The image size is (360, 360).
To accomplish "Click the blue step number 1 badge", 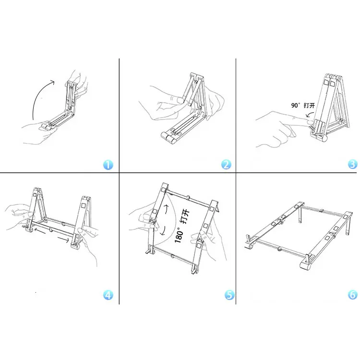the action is click(108, 165).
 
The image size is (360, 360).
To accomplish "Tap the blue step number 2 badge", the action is click(226, 165).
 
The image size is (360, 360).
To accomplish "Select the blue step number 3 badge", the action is click(353, 164).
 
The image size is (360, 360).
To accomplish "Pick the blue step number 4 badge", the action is click(108, 295).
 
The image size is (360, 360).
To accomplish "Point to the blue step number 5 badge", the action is click(229, 295).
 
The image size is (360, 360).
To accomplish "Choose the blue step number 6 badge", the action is click(353, 295).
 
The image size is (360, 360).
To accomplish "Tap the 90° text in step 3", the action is click(296, 106).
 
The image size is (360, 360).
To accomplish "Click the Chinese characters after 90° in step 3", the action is click(309, 106).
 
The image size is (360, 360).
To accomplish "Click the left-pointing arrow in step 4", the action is click(40, 231).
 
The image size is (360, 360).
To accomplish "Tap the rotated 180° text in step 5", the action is click(180, 234).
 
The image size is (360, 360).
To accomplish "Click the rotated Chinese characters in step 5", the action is click(185, 216).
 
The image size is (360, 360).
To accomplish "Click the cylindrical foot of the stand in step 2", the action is click(169, 138).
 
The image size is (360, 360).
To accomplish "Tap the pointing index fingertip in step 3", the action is click(310, 121).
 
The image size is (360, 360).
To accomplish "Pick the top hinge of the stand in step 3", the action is click(334, 77).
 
